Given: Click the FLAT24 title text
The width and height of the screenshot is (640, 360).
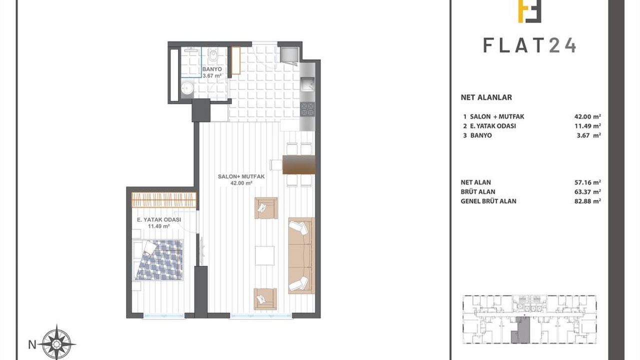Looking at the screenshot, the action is (529, 45).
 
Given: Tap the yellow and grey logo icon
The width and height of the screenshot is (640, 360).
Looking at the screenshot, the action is (529, 11).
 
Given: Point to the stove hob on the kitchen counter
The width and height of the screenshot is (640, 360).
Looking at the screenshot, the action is (307, 109).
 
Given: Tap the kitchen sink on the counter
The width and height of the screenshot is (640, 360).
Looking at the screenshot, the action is (307, 84).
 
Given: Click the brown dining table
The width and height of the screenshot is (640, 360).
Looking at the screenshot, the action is (299, 164).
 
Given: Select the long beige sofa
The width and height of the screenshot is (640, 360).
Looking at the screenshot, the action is (301, 255).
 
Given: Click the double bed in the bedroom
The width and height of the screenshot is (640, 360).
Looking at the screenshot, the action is (158, 260).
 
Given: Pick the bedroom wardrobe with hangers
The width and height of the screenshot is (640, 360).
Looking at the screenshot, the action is (164, 200).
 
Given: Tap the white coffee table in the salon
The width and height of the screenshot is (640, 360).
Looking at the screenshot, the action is (265, 255).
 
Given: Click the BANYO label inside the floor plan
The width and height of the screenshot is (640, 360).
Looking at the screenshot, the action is (212, 69).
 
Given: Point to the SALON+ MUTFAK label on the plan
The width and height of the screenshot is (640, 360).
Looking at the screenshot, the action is (241, 176).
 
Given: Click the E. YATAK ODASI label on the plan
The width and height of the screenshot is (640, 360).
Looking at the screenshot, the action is (159, 219).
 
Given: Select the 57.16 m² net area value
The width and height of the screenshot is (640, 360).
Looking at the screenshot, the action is (587, 182).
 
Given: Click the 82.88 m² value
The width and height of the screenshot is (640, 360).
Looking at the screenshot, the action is (587, 201).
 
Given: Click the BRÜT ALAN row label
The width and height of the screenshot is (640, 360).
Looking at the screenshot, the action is (478, 191).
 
